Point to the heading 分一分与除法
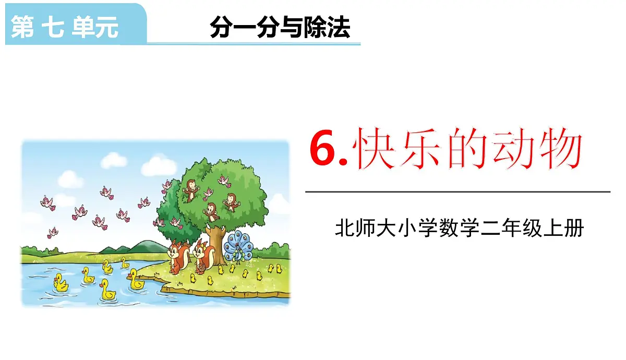[280, 27]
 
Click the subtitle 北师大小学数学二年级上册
[459, 229]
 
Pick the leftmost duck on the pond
[61, 282]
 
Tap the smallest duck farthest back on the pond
[125, 263]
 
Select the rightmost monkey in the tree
[230, 200]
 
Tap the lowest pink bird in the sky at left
[53, 232]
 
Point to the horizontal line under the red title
[458, 192]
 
